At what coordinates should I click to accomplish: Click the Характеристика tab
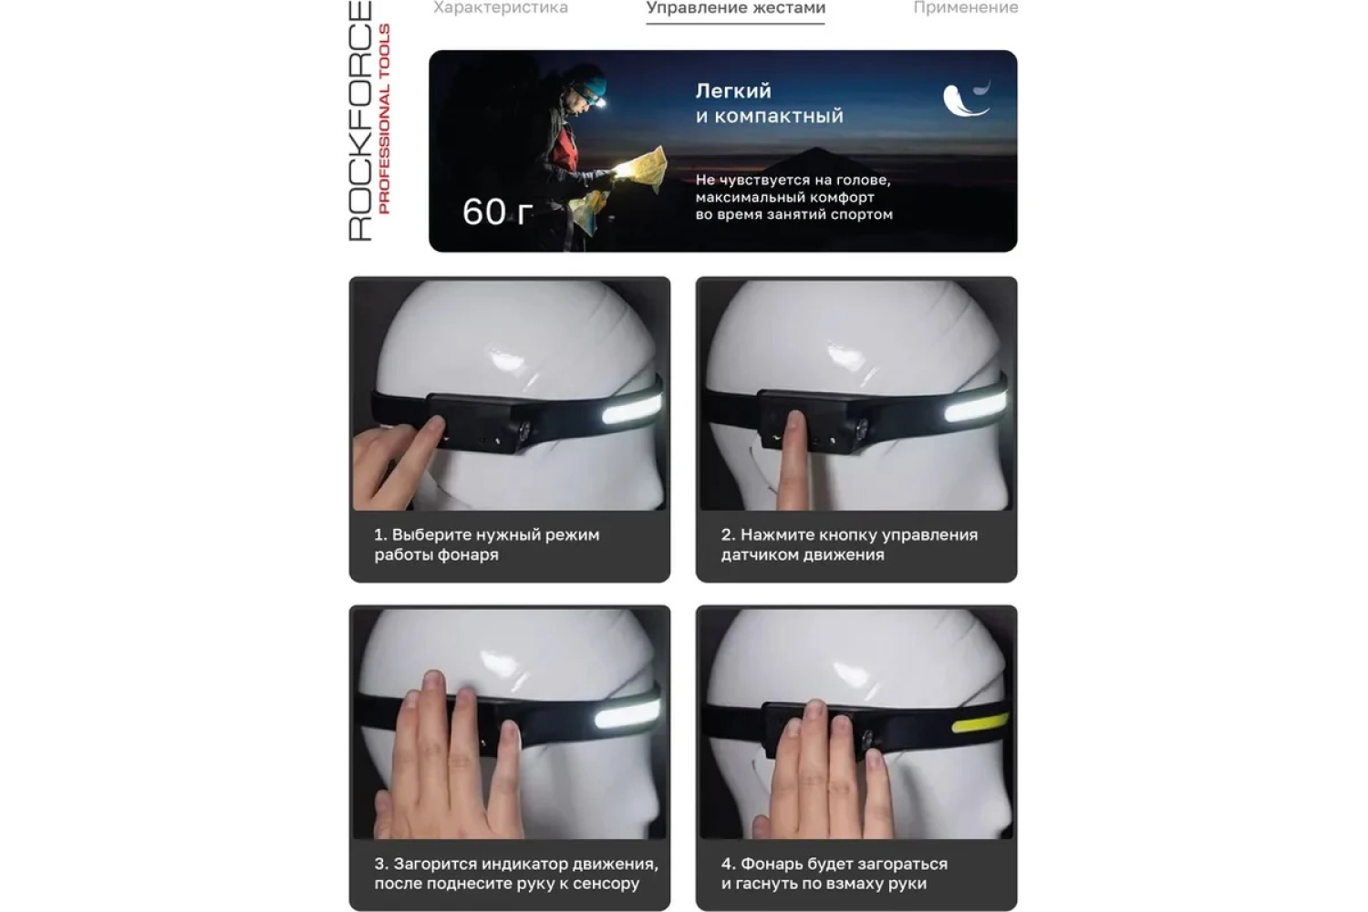pos(501,7)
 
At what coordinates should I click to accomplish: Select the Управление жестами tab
pos(736,7)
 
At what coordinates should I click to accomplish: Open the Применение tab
pos(966,7)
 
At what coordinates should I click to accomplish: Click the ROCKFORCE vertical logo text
pos(360,121)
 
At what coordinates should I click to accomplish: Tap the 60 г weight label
pos(497,212)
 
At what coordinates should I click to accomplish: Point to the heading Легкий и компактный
pos(770,103)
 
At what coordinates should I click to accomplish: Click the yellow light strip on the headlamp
pos(980,724)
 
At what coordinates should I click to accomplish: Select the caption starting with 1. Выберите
pos(487,544)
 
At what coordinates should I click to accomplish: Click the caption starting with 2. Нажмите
pos(849,544)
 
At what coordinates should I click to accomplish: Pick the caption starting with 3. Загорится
pos(516,874)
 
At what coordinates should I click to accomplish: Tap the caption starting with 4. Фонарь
pos(834,874)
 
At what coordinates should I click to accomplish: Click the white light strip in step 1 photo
pos(631,409)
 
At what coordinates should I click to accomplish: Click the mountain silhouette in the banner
pos(818,160)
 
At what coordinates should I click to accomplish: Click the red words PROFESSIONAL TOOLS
pos(384,119)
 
